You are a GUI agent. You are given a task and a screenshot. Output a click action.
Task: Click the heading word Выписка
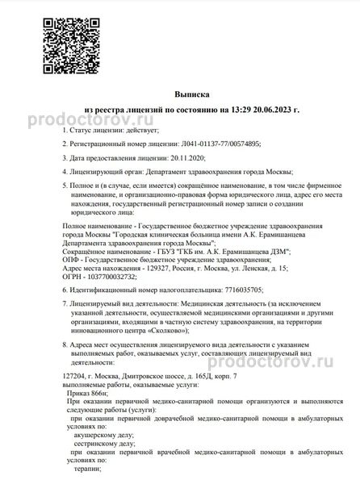[x=179, y=94]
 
